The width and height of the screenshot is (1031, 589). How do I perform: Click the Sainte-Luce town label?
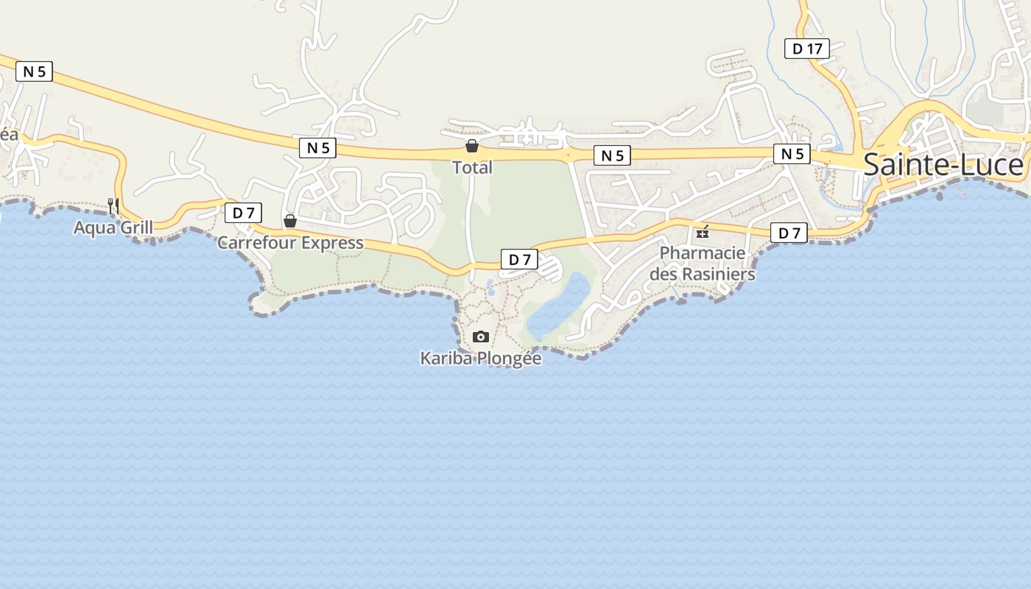point(943,165)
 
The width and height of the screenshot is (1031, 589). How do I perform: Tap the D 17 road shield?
point(806,49)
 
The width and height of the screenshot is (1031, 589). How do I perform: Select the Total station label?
point(472,167)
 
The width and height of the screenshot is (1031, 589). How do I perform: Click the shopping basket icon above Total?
point(471,146)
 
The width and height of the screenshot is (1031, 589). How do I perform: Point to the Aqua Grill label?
point(113,228)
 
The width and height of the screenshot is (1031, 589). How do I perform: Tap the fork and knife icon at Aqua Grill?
point(113,205)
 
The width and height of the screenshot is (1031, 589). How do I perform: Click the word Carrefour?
point(256,242)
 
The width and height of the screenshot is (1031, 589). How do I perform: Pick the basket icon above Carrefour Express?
point(290,221)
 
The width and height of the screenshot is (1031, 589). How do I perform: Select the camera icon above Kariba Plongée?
point(480,336)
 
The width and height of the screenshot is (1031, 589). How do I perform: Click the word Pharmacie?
point(702,253)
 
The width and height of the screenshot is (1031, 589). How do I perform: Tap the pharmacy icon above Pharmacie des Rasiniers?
point(703,232)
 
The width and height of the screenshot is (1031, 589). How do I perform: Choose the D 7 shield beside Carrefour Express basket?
point(243,214)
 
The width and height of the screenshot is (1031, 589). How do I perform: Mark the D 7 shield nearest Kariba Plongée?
point(519,259)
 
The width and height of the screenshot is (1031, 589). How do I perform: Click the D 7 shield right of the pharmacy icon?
point(789,233)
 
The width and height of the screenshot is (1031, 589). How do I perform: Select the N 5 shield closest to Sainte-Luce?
point(792,153)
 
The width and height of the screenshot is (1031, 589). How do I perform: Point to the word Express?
point(329,242)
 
